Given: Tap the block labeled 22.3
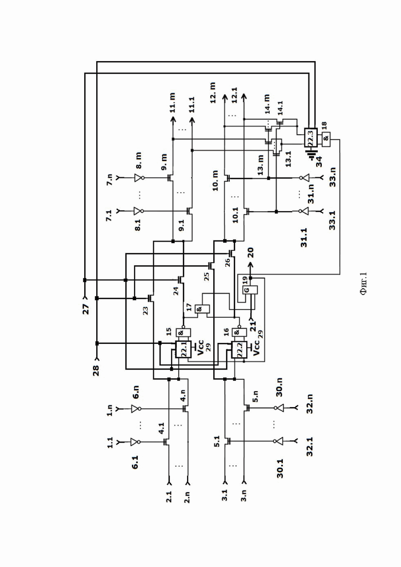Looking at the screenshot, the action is pyautogui.click(x=311, y=137).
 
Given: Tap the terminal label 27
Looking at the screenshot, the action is pyautogui.click(x=86, y=308).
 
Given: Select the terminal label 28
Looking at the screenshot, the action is pyautogui.click(x=96, y=370).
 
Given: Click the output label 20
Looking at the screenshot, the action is pyautogui.click(x=250, y=253).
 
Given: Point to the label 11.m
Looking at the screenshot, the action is pyautogui.click(x=172, y=103).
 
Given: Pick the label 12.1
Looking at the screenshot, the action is pyautogui.click(x=234, y=95).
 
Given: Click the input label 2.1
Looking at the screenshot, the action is pyautogui.click(x=169, y=497).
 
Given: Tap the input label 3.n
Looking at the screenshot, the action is pyautogui.click(x=244, y=495).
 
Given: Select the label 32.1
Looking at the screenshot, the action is pyautogui.click(x=309, y=447).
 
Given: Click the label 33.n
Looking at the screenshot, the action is pyautogui.click(x=333, y=177).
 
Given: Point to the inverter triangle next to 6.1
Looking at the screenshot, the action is pyautogui.click(x=135, y=442).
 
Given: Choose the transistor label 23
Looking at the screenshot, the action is pyautogui.click(x=145, y=310).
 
